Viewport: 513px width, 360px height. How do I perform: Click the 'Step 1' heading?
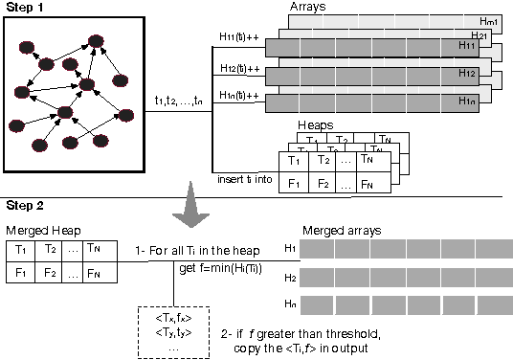click(x=25, y=8)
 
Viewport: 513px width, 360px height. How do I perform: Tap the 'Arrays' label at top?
click(x=307, y=7)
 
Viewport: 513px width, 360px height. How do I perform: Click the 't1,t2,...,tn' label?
click(x=179, y=101)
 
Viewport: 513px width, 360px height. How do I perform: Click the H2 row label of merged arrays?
click(x=290, y=278)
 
